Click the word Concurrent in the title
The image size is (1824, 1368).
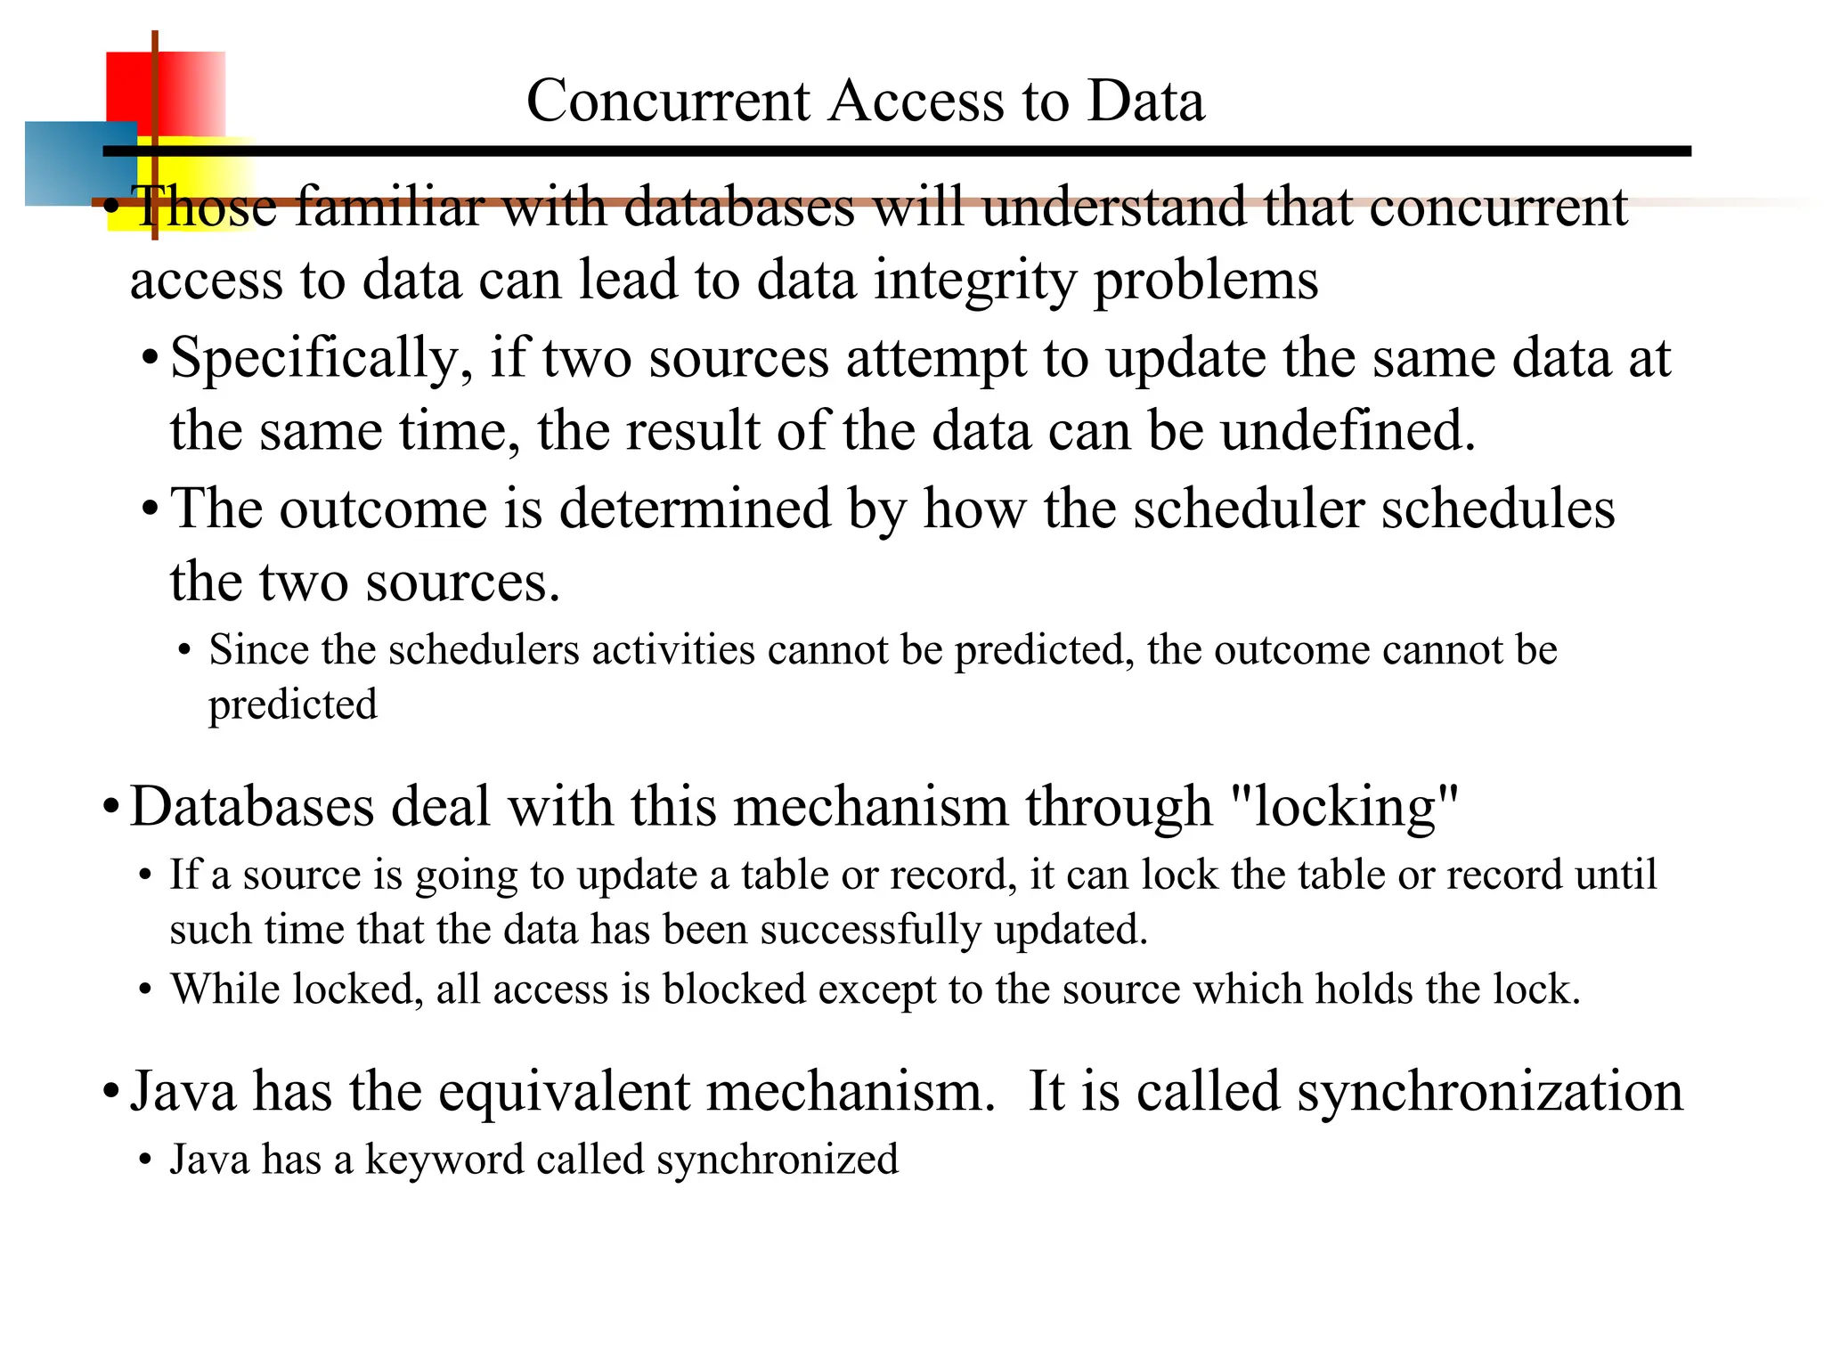pos(668,101)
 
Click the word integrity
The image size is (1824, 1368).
pos(975,281)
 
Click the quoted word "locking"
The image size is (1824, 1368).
pos(1344,807)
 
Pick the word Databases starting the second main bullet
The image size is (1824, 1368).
pos(252,807)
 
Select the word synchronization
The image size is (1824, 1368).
pos(1489,1092)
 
